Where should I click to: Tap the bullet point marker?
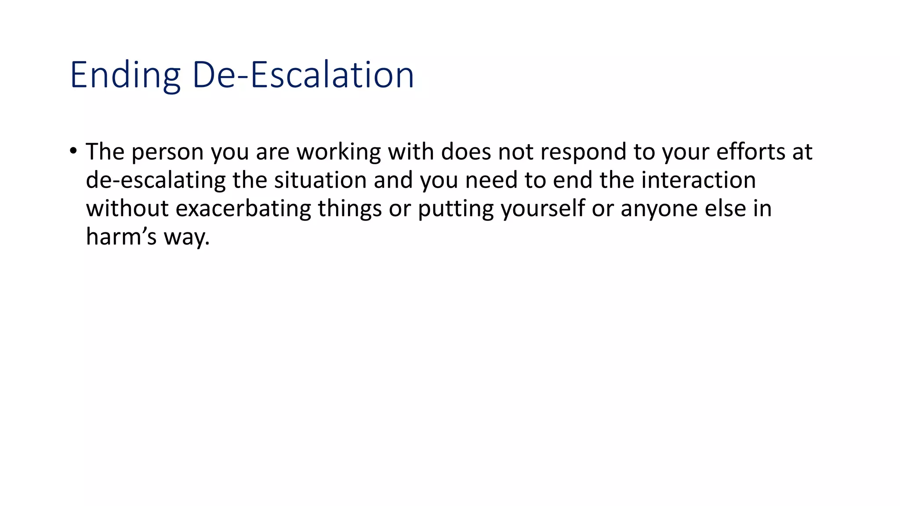click(x=73, y=151)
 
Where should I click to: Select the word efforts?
click(x=751, y=152)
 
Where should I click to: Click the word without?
click(x=127, y=208)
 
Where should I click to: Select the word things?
click(x=350, y=209)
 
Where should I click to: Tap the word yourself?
click(x=543, y=209)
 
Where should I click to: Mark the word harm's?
click(x=121, y=237)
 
